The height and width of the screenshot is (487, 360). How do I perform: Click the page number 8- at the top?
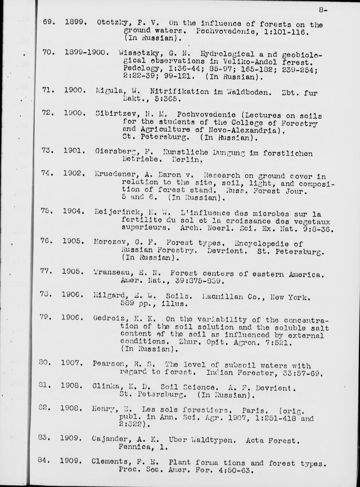click(323, 10)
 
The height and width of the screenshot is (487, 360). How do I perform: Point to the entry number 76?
click(47, 241)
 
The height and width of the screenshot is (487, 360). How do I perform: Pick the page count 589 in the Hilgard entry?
click(129, 303)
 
